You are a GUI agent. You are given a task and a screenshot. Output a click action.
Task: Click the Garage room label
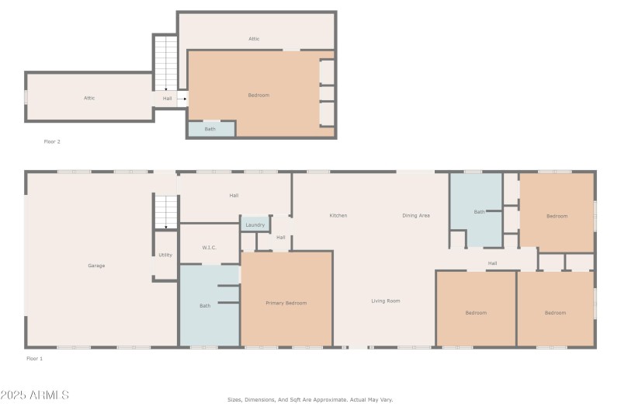(96, 266)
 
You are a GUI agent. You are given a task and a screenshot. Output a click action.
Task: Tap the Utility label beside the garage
(165, 255)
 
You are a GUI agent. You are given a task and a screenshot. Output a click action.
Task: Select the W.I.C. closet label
(209, 248)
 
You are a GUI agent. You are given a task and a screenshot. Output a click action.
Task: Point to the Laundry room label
(255, 225)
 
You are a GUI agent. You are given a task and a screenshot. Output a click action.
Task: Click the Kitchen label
(338, 215)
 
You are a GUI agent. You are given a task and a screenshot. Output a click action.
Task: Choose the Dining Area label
(416, 215)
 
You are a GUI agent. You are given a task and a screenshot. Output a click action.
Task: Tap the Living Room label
(385, 301)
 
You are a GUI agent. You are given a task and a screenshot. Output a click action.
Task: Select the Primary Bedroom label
(286, 303)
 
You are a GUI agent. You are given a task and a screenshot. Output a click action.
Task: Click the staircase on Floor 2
(165, 62)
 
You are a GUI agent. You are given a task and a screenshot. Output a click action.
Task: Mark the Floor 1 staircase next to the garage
(165, 211)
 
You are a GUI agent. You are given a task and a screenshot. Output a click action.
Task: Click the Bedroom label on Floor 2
(258, 95)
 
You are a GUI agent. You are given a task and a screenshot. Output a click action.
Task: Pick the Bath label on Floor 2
(210, 129)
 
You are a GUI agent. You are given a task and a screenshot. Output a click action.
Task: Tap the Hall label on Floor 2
(168, 99)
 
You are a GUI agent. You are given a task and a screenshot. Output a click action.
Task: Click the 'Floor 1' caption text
(35, 359)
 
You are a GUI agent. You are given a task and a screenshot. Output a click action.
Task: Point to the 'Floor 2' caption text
(52, 141)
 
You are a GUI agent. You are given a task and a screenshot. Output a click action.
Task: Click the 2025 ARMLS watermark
(35, 395)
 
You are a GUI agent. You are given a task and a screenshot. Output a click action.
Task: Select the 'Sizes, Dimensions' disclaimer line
(310, 399)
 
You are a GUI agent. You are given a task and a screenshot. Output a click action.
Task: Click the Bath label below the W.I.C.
(205, 305)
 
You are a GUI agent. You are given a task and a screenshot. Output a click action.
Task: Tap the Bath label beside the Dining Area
(480, 211)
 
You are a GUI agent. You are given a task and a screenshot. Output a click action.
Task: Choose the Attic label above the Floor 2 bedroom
(254, 38)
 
